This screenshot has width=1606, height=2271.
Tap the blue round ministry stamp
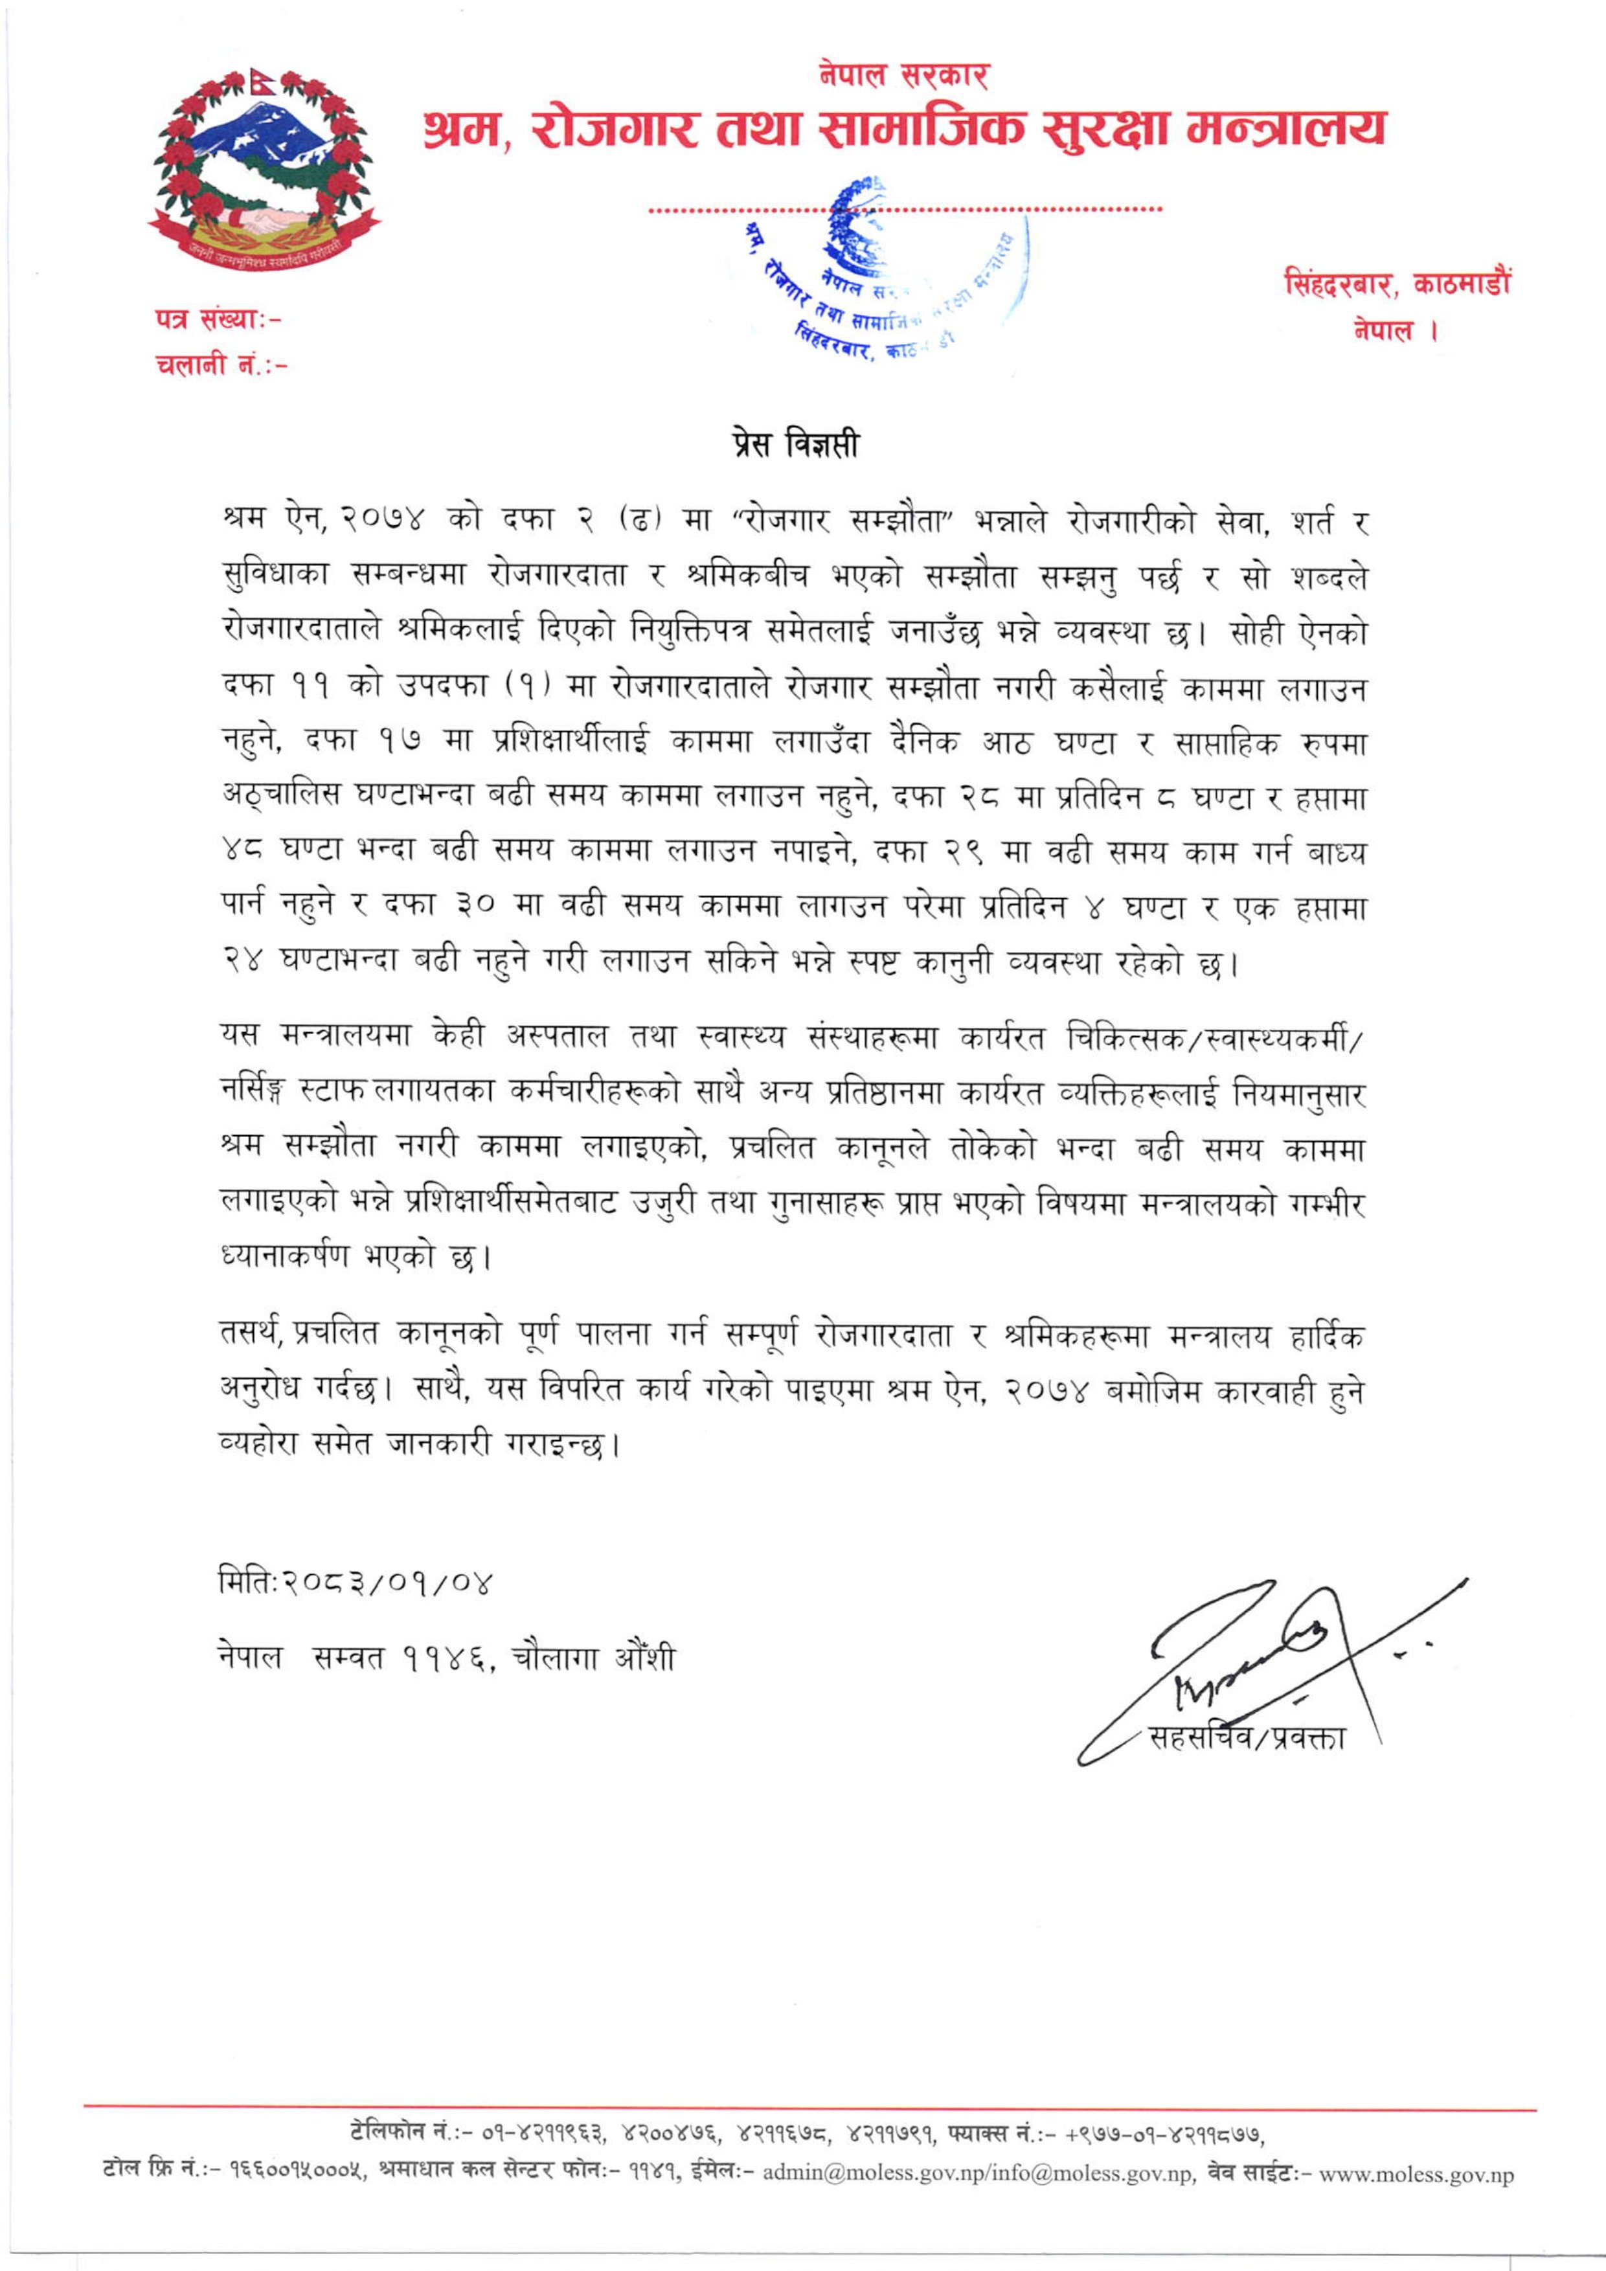pyautogui.click(x=879, y=267)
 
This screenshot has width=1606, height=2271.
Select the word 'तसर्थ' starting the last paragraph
pyautogui.click(x=253, y=1335)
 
